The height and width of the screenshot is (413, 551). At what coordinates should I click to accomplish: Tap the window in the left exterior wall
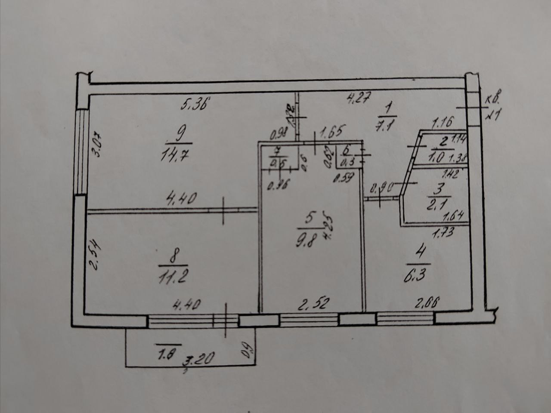(x=80, y=151)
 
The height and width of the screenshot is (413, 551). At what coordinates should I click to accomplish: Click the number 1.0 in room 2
(x=437, y=157)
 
